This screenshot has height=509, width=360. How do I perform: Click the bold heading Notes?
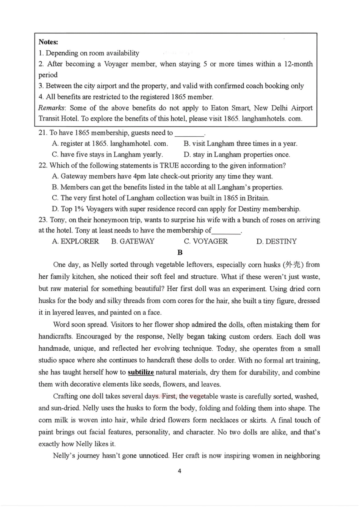pyautogui.click(x=48, y=42)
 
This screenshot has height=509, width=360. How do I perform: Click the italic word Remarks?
pyautogui.click(x=51, y=108)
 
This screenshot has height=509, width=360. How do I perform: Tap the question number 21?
pyautogui.click(x=43, y=133)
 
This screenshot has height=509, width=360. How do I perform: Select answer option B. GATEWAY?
pyautogui.click(x=133, y=241)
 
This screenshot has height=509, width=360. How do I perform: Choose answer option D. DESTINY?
pyautogui.click(x=277, y=241)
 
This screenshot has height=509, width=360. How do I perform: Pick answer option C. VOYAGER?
pyautogui.click(x=206, y=241)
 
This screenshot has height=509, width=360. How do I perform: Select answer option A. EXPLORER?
pyautogui.click(x=75, y=241)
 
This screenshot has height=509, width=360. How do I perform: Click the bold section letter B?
pyautogui.click(x=180, y=253)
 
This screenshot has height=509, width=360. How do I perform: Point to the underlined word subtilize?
pyautogui.click(x=141, y=372)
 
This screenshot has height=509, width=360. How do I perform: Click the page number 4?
pyautogui.click(x=180, y=471)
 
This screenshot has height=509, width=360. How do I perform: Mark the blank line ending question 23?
pyautogui.click(x=226, y=231)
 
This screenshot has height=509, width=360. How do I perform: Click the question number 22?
pyautogui.click(x=43, y=166)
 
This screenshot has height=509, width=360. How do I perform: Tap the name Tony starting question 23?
pyautogui.click(x=58, y=220)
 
